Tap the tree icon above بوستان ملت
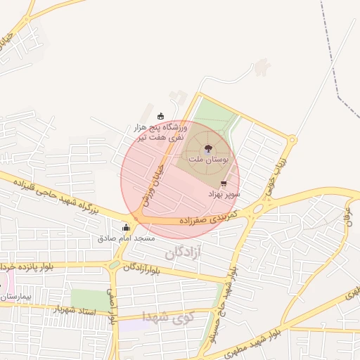coord(207,148)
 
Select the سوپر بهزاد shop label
coord(224,193)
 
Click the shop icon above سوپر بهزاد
coord(224,183)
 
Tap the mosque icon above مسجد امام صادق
coord(127,228)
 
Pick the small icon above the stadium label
coord(161,116)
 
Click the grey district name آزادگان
coord(186,251)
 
